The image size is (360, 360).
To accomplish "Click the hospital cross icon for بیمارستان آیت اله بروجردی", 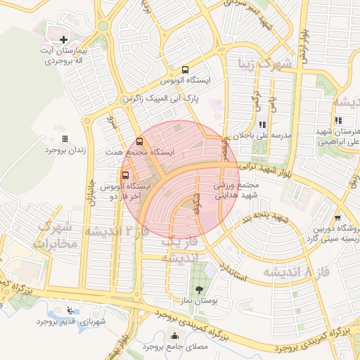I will (x=64, y=39).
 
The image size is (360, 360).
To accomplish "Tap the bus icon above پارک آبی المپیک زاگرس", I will (x=185, y=70).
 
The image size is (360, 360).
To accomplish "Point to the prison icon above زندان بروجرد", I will (x=65, y=139).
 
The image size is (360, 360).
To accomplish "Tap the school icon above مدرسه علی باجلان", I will (x=262, y=124).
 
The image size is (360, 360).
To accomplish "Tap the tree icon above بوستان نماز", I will (x=200, y=289).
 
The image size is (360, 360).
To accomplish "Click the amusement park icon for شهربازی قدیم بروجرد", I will (x=69, y=310).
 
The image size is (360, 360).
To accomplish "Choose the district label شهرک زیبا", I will (x=264, y=67).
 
